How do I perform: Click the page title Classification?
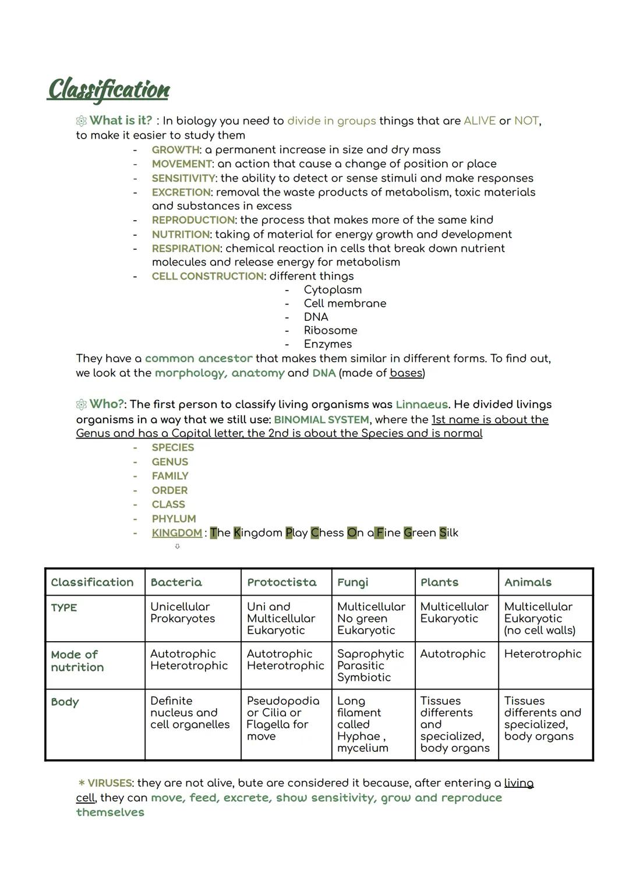pyautogui.click(x=108, y=90)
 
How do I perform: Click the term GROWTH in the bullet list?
pyautogui.click(x=175, y=150)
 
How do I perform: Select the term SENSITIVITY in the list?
pyautogui.click(x=183, y=178)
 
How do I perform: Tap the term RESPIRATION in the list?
pyautogui.click(x=186, y=249)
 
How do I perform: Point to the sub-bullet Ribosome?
pyautogui.click(x=330, y=330)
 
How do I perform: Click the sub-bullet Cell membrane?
pyautogui.click(x=345, y=303)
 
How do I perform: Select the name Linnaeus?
pyautogui.click(x=422, y=404)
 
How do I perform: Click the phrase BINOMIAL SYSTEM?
pyautogui.click(x=321, y=419)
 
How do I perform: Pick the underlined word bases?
pyautogui.click(x=406, y=373)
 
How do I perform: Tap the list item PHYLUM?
pyautogui.click(x=174, y=518)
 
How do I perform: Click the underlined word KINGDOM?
pyautogui.click(x=176, y=533)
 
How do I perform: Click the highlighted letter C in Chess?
pyautogui.click(x=315, y=533)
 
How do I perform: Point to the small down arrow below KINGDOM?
pyautogui.click(x=177, y=547)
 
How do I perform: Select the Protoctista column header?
pyautogui.click(x=281, y=582)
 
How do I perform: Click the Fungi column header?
pyautogui.click(x=353, y=582)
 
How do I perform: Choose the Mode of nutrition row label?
pyautogui.click(x=77, y=661)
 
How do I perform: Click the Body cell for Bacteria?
pyautogui.click(x=190, y=713)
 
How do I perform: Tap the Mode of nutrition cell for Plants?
pyautogui.click(x=453, y=654)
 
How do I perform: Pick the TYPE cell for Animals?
pyautogui.click(x=539, y=618)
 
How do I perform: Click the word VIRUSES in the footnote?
pyautogui.click(x=109, y=783)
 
